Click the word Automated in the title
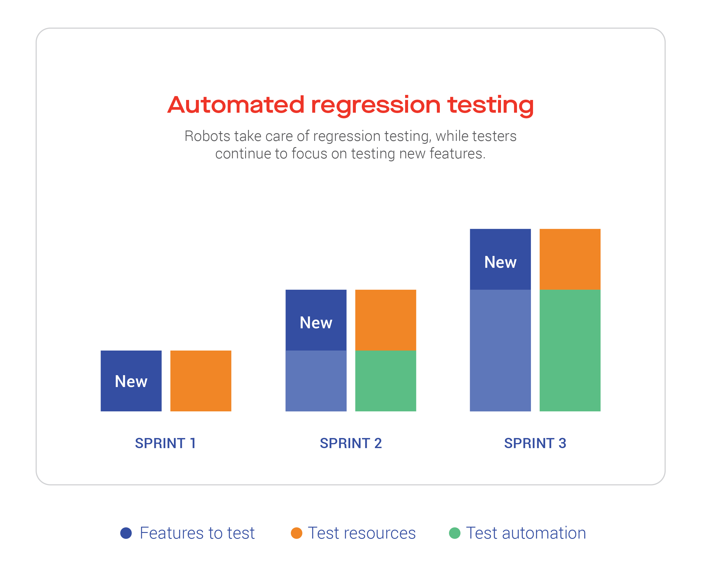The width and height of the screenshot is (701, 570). [x=236, y=105]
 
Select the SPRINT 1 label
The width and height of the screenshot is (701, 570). [x=166, y=443]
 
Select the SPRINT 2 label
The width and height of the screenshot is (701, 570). [x=351, y=443]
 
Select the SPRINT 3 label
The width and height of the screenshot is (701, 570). [x=535, y=443]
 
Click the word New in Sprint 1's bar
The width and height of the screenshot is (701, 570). [x=131, y=381]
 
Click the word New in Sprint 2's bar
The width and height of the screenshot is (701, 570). [x=316, y=322]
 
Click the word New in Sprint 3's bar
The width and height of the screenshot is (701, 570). [x=500, y=262]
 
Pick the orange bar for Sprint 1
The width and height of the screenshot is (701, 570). [x=201, y=381]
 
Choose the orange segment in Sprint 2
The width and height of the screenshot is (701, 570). [x=386, y=320]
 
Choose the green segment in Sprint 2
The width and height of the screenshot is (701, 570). [x=386, y=381]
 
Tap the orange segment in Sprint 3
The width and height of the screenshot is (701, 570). [x=570, y=259]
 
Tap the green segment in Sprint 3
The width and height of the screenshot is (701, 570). [x=570, y=350]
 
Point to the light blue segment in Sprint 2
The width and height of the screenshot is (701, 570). [x=316, y=381]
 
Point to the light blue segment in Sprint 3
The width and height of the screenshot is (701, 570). [x=500, y=350]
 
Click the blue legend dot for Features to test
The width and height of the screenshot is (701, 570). [x=126, y=533]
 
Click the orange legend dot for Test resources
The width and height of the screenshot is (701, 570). [x=296, y=533]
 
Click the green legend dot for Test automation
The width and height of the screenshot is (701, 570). [x=455, y=533]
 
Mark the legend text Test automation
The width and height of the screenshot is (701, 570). [x=526, y=533]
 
